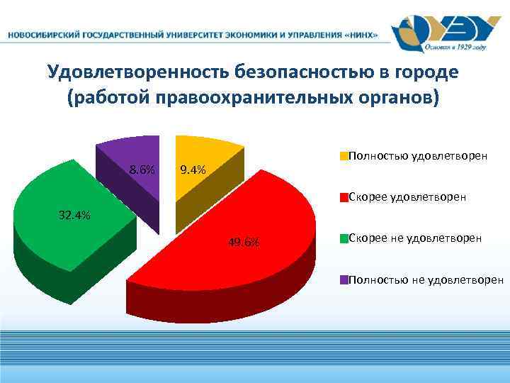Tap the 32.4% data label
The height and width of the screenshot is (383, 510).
[74, 216]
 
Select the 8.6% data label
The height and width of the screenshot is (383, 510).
[142, 170]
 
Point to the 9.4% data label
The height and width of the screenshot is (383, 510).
[193, 170]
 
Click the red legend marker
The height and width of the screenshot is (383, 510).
[344, 197]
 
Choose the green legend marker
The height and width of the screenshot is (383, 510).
[344, 238]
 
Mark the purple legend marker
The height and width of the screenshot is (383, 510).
[344, 279]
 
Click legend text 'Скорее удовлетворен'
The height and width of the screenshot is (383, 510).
[407, 197]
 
